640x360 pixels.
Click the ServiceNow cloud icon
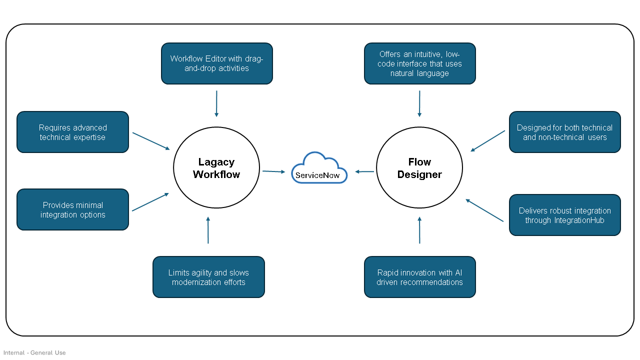[x=319, y=169]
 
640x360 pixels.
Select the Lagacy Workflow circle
[x=216, y=168]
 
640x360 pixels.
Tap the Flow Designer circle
[x=419, y=168]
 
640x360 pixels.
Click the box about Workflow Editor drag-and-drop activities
[x=216, y=63]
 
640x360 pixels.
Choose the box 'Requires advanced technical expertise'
[x=72, y=132]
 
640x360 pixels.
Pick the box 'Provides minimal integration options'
[x=72, y=209]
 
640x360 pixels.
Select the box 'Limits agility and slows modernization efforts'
[x=208, y=277]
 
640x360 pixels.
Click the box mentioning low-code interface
[x=419, y=63]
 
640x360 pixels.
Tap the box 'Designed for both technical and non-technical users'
[x=564, y=132]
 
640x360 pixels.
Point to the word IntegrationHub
[x=579, y=220]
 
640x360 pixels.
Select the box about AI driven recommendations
[x=419, y=277]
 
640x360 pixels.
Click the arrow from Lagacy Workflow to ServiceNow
[x=273, y=171]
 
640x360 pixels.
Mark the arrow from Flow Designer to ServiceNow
[x=365, y=171]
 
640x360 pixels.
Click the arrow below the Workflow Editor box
[x=216, y=103]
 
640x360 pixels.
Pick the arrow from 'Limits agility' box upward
[x=208, y=230]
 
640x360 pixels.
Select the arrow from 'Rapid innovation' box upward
[x=419, y=230]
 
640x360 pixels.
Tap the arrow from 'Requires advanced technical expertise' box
[x=150, y=140]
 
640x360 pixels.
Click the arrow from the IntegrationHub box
[x=484, y=210]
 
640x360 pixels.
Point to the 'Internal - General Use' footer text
[x=34, y=352]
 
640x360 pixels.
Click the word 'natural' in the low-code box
[x=402, y=73]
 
